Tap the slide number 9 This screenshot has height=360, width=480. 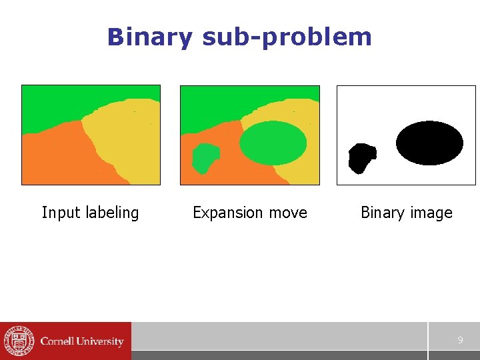pos(460,341)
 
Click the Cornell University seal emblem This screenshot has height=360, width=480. pos(18,341)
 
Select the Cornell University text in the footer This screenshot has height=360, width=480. pos(82,341)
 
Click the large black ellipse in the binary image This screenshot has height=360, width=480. pos(429,143)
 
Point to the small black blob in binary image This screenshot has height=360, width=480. pos(361,158)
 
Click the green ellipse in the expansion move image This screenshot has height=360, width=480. pos(273,143)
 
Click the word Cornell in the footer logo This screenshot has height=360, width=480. pos(58,341)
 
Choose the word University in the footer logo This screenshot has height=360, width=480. pos(101,341)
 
